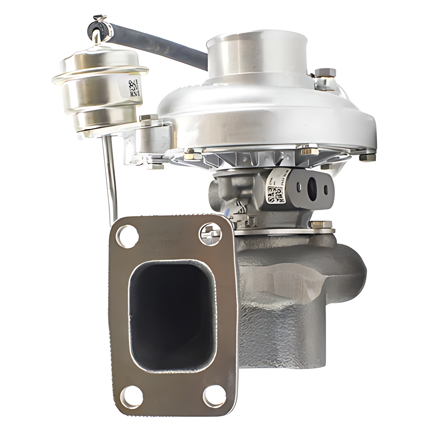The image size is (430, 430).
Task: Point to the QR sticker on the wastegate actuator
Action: [x=133, y=88]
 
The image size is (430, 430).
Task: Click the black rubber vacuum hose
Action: [x=164, y=38]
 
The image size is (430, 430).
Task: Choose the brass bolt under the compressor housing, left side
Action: [x=191, y=156]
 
